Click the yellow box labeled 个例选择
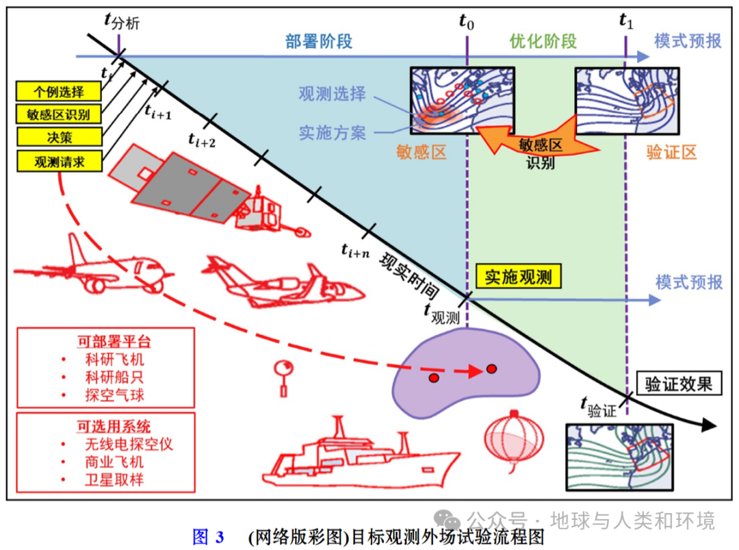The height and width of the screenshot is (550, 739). coord(59,91)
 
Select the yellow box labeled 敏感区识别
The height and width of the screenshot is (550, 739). coord(59,113)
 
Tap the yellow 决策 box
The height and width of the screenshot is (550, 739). coord(59,136)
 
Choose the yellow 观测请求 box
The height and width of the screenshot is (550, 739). coord(59,160)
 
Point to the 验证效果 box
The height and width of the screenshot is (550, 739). coord(678,384)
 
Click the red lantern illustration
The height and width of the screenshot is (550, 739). coord(514,438)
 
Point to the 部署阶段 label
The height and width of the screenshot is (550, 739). coord(319,41)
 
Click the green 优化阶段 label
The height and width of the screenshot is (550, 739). coord(543,41)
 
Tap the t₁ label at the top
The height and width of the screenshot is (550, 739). coord(626,21)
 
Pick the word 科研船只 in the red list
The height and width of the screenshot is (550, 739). coord(114,377)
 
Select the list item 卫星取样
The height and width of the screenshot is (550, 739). coord(114,479)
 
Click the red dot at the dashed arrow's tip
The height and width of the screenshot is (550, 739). coord(491,369)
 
